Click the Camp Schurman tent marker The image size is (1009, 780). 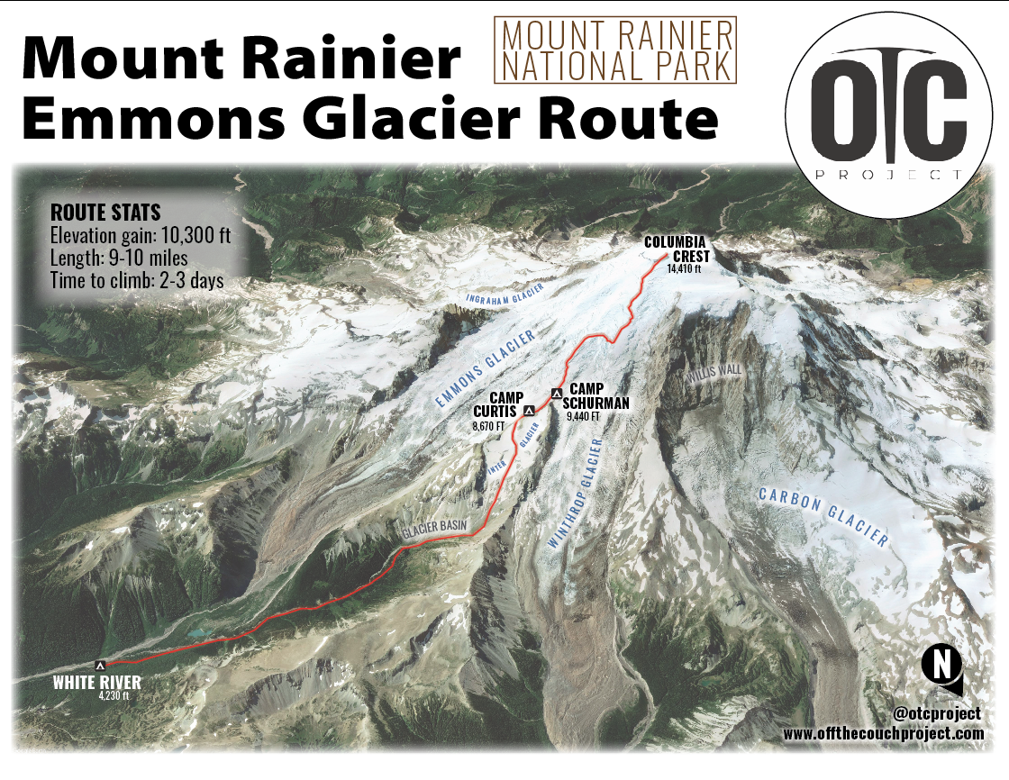tap(557, 393)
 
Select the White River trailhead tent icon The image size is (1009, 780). tap(100, 665)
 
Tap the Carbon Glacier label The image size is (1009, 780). tap(823, 518)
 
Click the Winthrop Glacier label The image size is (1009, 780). tap(573, 496)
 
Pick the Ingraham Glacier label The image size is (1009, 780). tap(504, 295)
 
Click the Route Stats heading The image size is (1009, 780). tap(105, 213)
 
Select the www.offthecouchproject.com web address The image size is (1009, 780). tap(883, 734)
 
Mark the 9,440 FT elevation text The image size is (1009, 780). tap(583, 416)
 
